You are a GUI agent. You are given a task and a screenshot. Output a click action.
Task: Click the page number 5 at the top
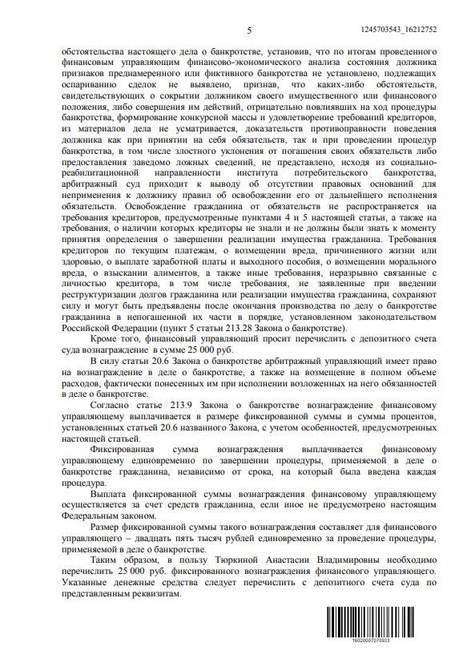[x=249, y=29]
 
